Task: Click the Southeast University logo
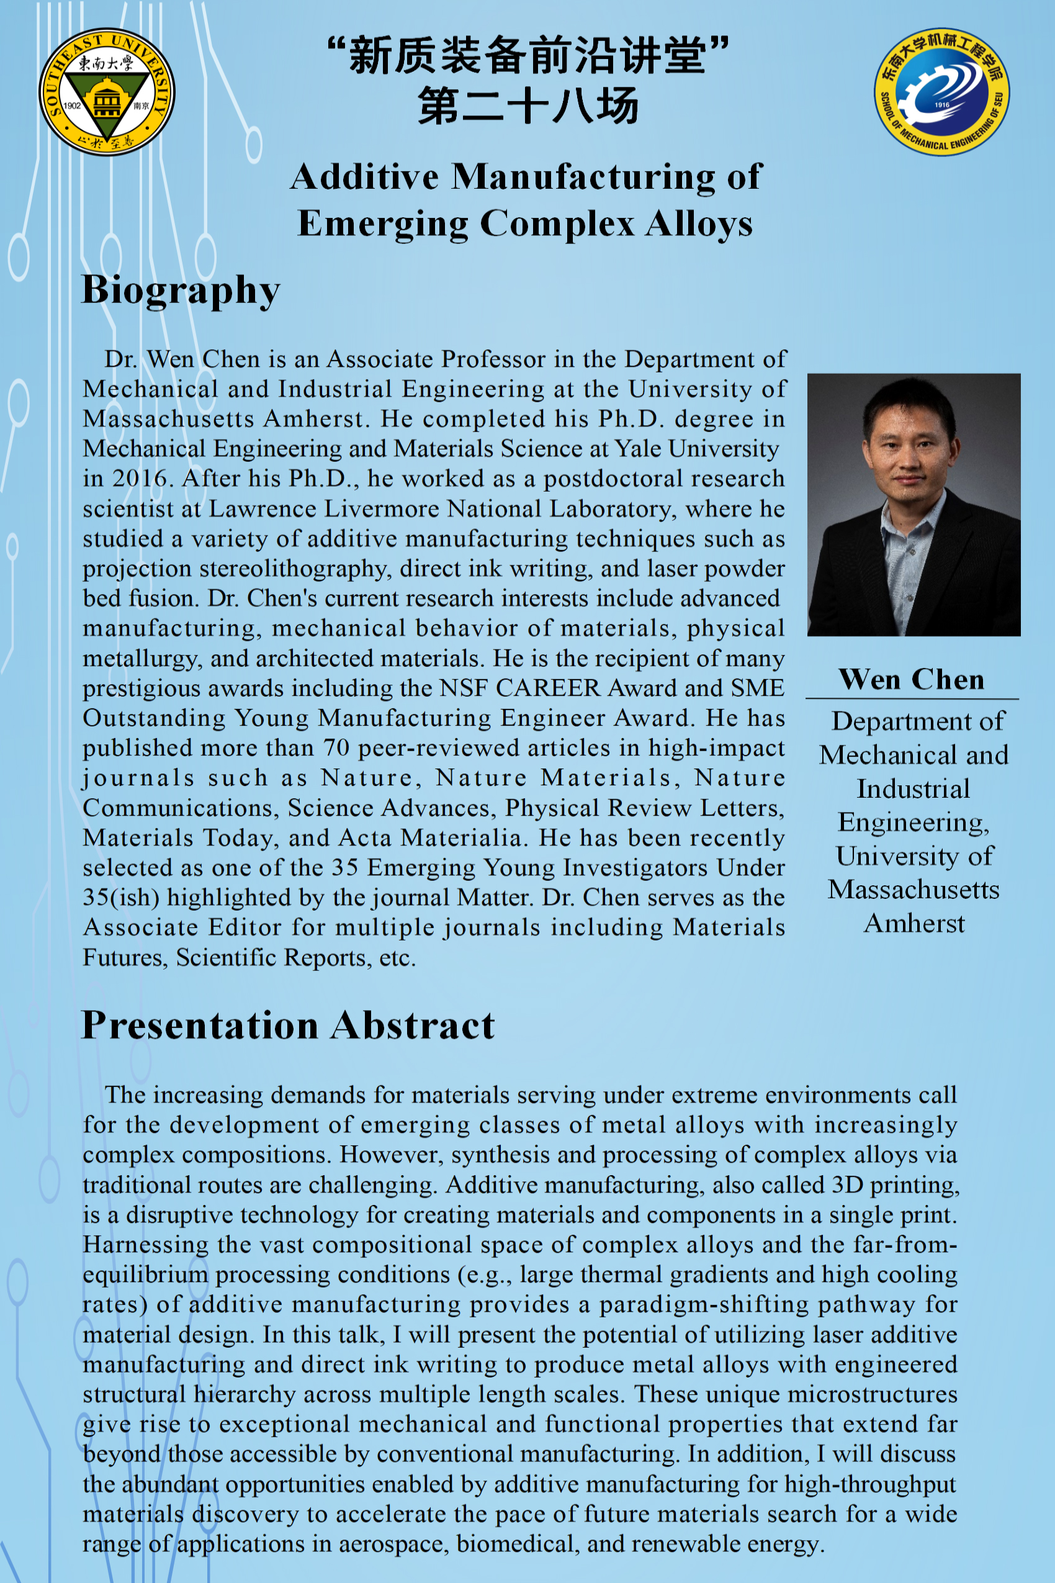[107, 91]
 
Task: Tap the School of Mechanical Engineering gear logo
[941, 91]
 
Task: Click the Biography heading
[181, 290]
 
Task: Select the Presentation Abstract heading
[288, 1025]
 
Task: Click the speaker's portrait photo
[914, 505]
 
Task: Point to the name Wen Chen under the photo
[912, 679]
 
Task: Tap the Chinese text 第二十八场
[527, 106]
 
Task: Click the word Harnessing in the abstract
[145, 1245]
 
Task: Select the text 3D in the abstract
[847, 1185]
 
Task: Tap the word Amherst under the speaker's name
[914, 924]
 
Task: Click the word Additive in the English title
[365, 177]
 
